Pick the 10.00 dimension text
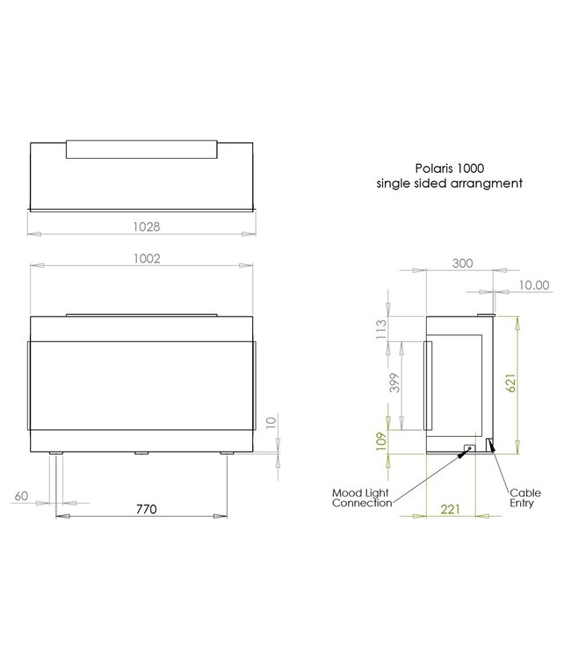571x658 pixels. coord(532,284)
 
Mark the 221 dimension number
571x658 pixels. coord(451,510)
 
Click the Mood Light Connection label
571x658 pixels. coord(362,497)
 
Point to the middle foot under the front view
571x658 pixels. coord(141,454)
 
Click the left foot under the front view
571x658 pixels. coord(57,454)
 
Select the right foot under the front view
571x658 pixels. coord(227,454)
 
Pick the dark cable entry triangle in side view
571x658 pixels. coord(490,447)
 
